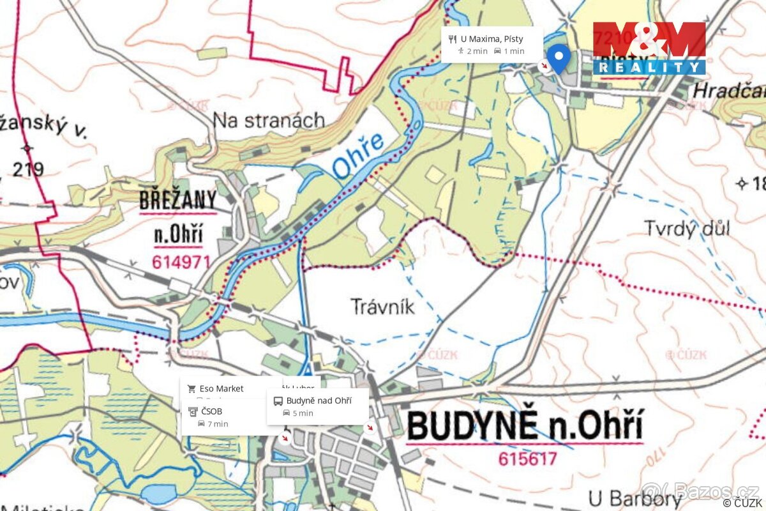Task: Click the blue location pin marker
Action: point(559,58)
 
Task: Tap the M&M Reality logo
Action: point(649,49)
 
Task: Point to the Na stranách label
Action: point(268,120)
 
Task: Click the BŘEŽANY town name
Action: point(178,201)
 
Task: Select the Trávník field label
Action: point(382,307)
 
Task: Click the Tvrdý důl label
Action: point(686,229)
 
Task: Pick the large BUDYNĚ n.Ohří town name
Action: point(525,426)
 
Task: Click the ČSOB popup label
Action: point(211,411)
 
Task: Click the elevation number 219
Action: point(27,169)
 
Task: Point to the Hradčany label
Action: point(728,90)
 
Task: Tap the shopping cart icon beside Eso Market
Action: point(191,388)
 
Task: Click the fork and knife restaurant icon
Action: point(452,39)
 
